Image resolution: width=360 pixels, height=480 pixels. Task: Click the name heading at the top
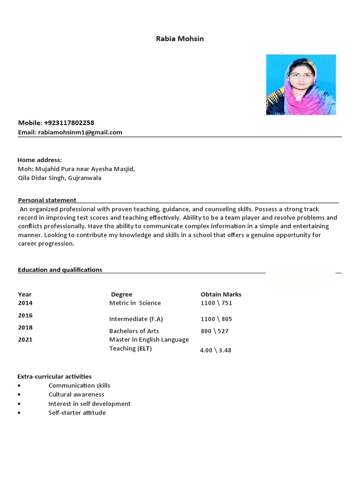180,38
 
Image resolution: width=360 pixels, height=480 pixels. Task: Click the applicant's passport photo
301,85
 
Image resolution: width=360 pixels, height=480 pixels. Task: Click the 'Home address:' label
40,160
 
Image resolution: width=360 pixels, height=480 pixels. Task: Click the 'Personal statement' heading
47,200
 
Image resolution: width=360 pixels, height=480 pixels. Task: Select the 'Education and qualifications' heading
60,270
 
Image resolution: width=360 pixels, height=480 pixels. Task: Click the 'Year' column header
25,294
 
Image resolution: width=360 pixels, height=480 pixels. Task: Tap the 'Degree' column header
121,294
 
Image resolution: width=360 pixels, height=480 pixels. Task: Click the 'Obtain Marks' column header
221,294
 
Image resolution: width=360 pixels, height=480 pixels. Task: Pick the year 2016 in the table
25,315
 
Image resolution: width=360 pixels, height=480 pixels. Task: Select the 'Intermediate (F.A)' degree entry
136,319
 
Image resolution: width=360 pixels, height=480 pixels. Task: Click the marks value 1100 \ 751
216,303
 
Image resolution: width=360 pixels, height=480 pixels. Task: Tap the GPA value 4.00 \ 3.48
215,350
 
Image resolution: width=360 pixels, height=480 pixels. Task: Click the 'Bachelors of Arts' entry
134,331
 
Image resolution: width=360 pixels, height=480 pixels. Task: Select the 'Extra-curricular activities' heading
54,376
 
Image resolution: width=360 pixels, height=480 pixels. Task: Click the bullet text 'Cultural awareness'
76,394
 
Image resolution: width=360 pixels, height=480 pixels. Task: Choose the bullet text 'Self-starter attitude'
77,412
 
